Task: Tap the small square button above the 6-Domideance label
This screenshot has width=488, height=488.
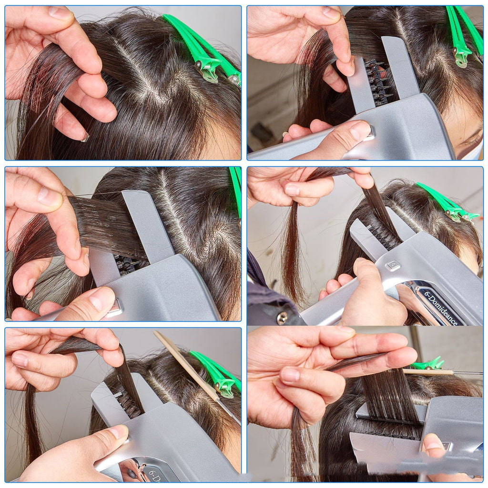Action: [x=392, y=265]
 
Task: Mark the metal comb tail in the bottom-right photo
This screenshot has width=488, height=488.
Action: [x=467, y=373]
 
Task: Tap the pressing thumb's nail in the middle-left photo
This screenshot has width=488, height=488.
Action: [x=102, y=300]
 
